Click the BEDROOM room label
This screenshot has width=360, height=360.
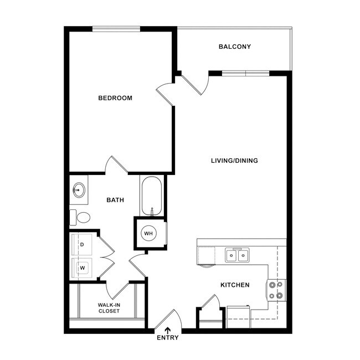tap(115, 98)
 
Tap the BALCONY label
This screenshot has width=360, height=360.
tap(235, 47)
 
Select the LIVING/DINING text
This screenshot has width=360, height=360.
tap(234, 161)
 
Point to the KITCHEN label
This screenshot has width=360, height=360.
tap(235, 285)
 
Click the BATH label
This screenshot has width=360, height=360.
tap(115, 200)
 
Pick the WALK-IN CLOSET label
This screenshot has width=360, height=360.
tap(109, 308)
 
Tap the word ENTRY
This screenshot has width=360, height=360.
tap(168, 338)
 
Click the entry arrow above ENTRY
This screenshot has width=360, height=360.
tap(168, 330)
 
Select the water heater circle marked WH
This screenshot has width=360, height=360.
tap(149, 233)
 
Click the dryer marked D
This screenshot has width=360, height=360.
tap(83, 244)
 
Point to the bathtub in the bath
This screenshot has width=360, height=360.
tap(151, 196)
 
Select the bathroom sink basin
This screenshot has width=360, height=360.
tap(79, 190)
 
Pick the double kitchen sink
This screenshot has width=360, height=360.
tap(237, 255)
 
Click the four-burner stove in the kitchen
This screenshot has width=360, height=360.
tap(277, 289)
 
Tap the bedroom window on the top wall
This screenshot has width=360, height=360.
tap(116, 29)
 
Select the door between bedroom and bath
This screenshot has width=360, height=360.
tap(116, 165)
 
